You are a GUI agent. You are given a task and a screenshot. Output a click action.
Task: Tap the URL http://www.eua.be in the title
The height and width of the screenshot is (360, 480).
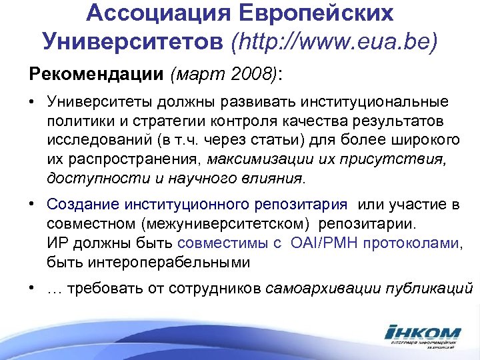point(334,42)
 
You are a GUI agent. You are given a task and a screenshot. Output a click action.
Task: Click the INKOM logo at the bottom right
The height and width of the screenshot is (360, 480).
point(422,333)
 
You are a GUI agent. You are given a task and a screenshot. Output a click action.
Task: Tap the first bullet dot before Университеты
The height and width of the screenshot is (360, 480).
point(31,102)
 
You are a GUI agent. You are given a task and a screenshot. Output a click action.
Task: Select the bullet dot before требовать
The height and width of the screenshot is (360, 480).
point(31,289)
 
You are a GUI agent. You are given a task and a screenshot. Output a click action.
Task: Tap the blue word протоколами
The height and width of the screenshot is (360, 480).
point(417,243)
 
